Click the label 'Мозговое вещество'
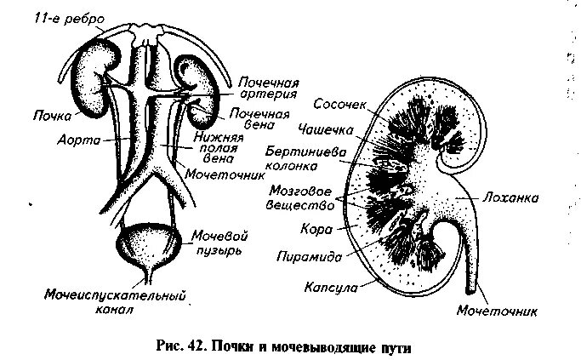tap(297, 195)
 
